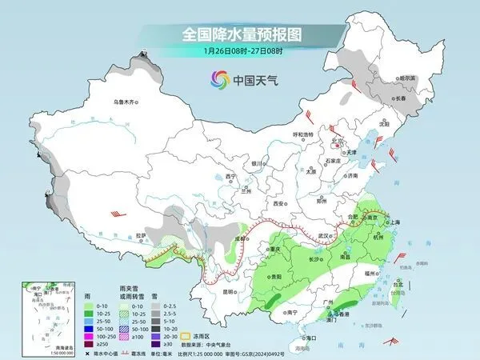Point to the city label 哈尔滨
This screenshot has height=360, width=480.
pos(406,78)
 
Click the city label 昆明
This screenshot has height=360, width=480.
pos(229,291)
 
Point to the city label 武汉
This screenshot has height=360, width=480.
pos(323,236)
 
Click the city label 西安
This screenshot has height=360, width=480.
pos(278,204)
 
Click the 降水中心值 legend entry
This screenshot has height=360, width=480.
pos(93,353)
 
